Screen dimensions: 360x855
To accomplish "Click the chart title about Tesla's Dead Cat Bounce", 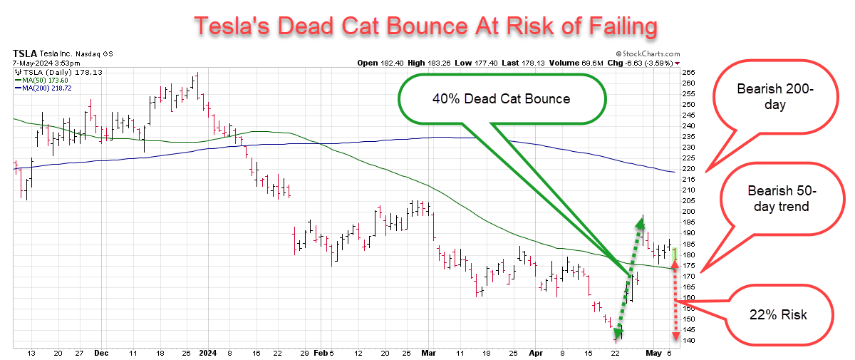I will [426, 26].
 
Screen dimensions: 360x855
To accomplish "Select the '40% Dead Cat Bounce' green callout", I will [500, 99].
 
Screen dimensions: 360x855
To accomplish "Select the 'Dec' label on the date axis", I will [100, 352].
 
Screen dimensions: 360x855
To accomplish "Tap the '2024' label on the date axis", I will [207, 352].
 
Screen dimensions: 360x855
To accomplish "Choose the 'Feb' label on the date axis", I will [320, 352].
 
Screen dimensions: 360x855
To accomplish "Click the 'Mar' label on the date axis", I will [428, 352].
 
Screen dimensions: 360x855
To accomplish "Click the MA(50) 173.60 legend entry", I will [42, 80].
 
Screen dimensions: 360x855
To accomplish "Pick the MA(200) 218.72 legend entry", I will [43, 88].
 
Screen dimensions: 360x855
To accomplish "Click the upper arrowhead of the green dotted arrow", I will [641, 220].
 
